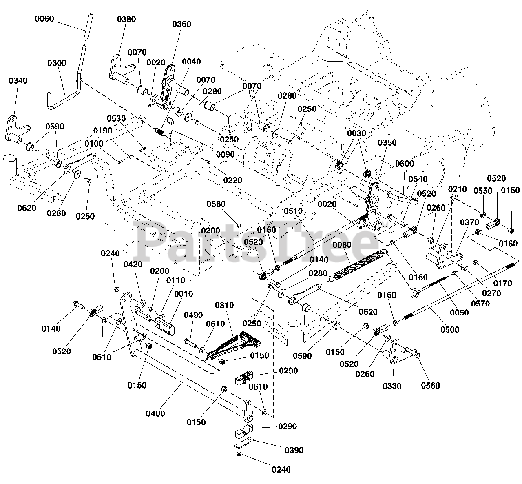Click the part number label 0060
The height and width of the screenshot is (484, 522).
(44, 19)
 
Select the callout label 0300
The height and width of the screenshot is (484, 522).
(57, 63)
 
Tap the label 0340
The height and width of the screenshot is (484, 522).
(18, 80)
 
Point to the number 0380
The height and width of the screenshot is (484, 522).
(126, 19)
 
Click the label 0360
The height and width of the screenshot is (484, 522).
(181, 24)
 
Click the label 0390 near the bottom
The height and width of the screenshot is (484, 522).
(294, 450)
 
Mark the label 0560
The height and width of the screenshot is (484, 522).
(430, 385)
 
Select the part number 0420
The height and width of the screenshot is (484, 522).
(133, 264)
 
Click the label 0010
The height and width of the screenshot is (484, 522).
(184, 293)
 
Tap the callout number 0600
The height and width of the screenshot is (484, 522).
(405, 164)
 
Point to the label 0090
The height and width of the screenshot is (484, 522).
(226, 155)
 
